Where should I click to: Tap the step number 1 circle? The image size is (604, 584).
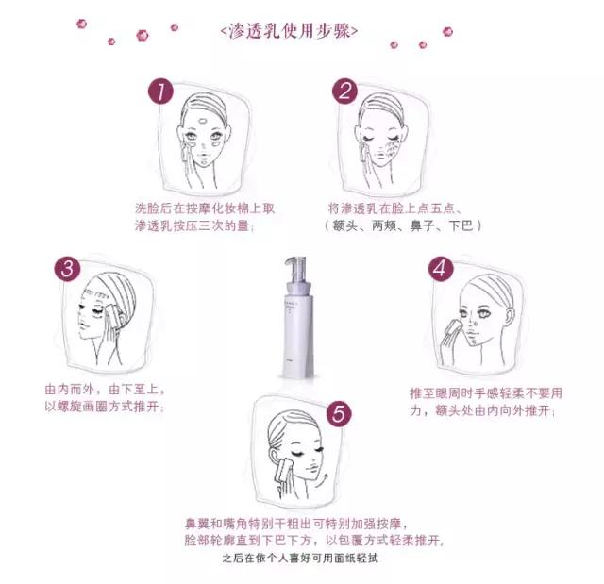(162, 92)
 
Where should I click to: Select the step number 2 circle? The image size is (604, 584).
(345, 92)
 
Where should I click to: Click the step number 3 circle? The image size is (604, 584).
(66, 268)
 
